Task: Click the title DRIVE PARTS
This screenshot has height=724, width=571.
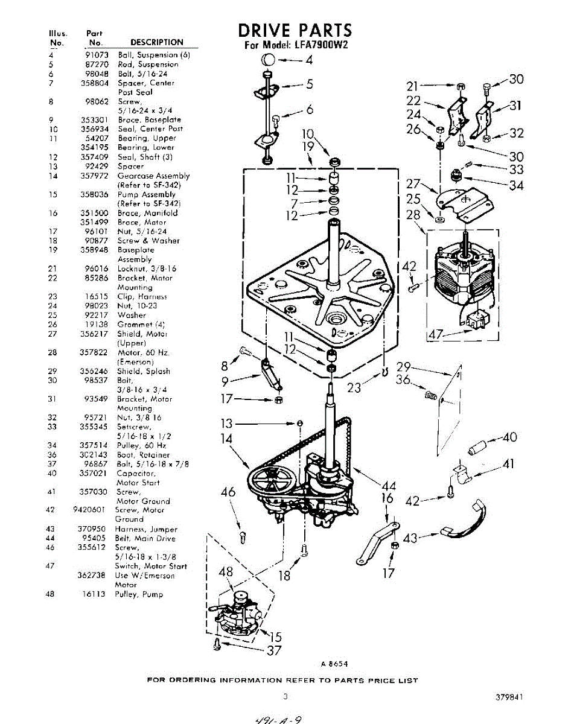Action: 295,30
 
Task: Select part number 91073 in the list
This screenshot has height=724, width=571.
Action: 98,55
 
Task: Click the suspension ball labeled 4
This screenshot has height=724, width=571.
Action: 269,60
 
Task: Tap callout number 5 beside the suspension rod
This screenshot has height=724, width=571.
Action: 309,84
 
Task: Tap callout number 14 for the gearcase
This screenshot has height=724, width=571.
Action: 226,439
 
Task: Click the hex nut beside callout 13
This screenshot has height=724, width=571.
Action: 300,424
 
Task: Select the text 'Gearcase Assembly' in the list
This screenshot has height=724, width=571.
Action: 153,176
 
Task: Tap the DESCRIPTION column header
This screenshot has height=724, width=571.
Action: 156,42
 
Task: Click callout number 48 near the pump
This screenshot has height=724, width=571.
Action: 225,572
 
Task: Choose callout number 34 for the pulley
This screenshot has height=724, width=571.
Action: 515,185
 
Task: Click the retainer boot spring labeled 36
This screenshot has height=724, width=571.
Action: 430,396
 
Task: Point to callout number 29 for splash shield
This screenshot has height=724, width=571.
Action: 404,366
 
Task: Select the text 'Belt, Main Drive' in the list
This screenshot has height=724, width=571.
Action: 145,538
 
